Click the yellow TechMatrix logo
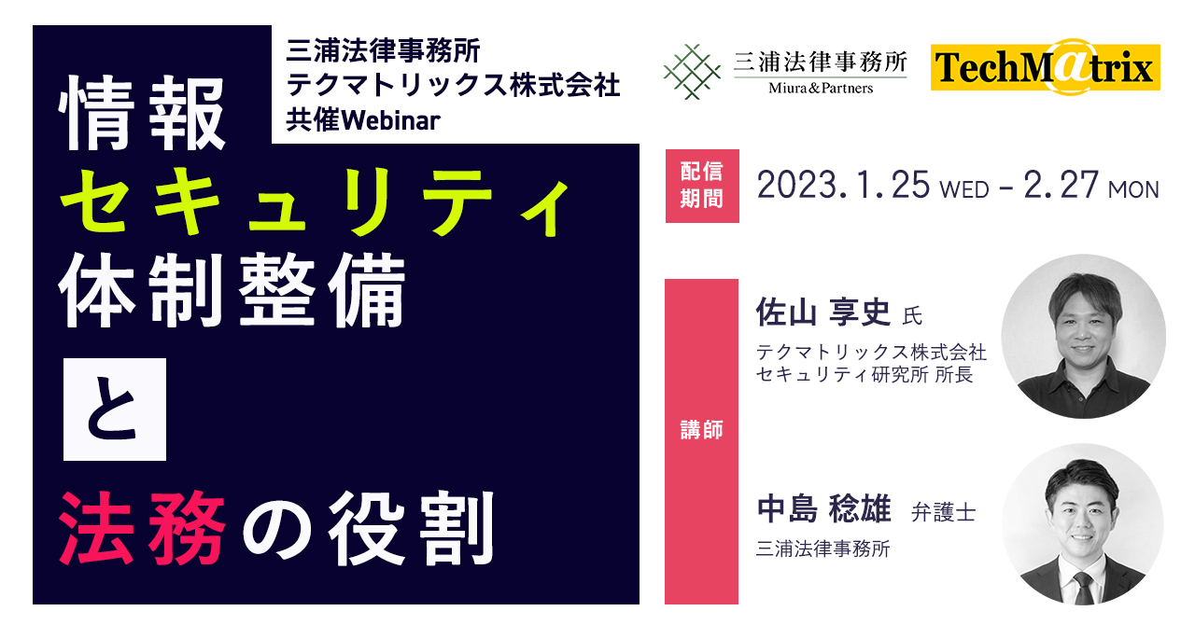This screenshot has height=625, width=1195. pos(1045,67)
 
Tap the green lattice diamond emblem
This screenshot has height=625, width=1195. pos(692,72)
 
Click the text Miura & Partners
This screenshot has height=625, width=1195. pos(821,88)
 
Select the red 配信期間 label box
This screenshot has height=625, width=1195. pos(702,186)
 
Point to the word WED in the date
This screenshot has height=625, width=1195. pos(964,190)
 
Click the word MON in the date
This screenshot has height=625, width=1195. pos(1133,190)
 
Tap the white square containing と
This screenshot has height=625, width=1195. pos(115,409)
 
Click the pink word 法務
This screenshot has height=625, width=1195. pos(142,527)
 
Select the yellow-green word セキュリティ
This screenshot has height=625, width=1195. pos(315,201)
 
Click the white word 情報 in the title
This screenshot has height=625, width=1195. pos(142,113)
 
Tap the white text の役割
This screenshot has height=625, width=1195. pos(369,527)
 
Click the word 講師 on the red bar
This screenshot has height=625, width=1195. pos(701,429)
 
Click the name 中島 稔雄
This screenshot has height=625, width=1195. pos(824,508)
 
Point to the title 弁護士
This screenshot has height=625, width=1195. pos(943,512)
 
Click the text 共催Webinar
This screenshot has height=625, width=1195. pos(363,120)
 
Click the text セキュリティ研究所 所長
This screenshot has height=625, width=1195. pos(865,374)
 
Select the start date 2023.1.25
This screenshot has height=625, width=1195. pos(843,185)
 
